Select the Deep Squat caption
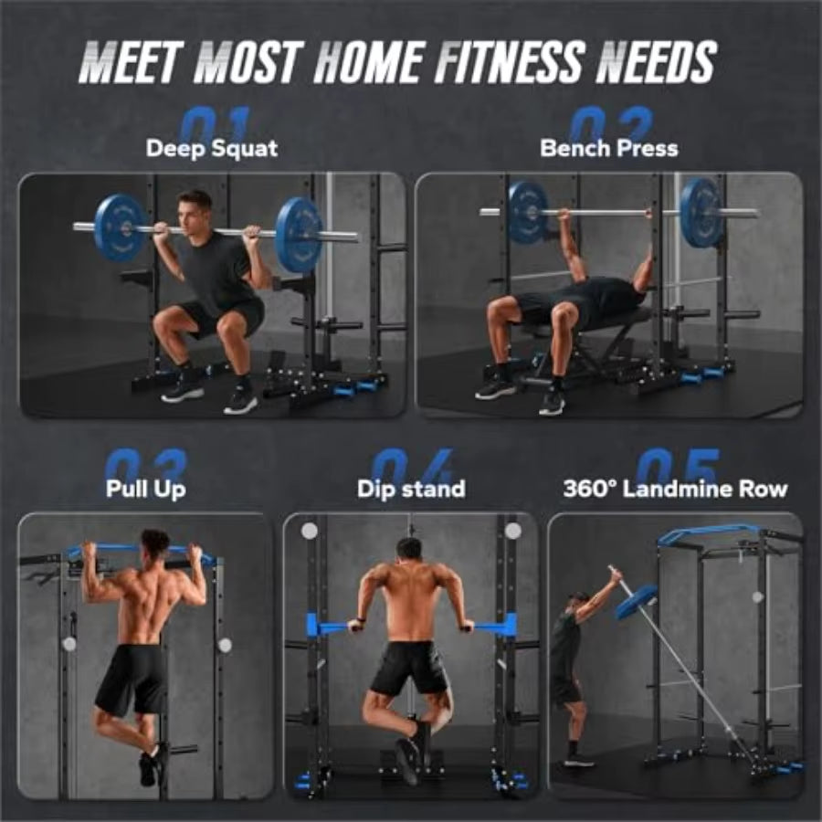pyautogui.click(x=212, y=148)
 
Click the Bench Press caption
pyautogui.click(x=609, y=148)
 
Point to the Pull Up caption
pyautogui.click(x=146, y=488)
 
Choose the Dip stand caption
pyautogui.click(x=411, y=489)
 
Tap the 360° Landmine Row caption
pyautogui.click(x=675, y=489)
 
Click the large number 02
pyautogui.click(x=610, y=124)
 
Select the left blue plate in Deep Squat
pyautogui.click(x=120, y=227)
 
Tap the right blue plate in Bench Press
pyautogui.click(x=701, y=212)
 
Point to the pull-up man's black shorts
pyautogui.click(x=132, y=679)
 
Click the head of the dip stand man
pyautogui.click(x=410, y=550)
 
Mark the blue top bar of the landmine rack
pyautogui.click(x=712, y=532)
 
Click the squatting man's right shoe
pyautogui.click(x=241, y=399)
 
